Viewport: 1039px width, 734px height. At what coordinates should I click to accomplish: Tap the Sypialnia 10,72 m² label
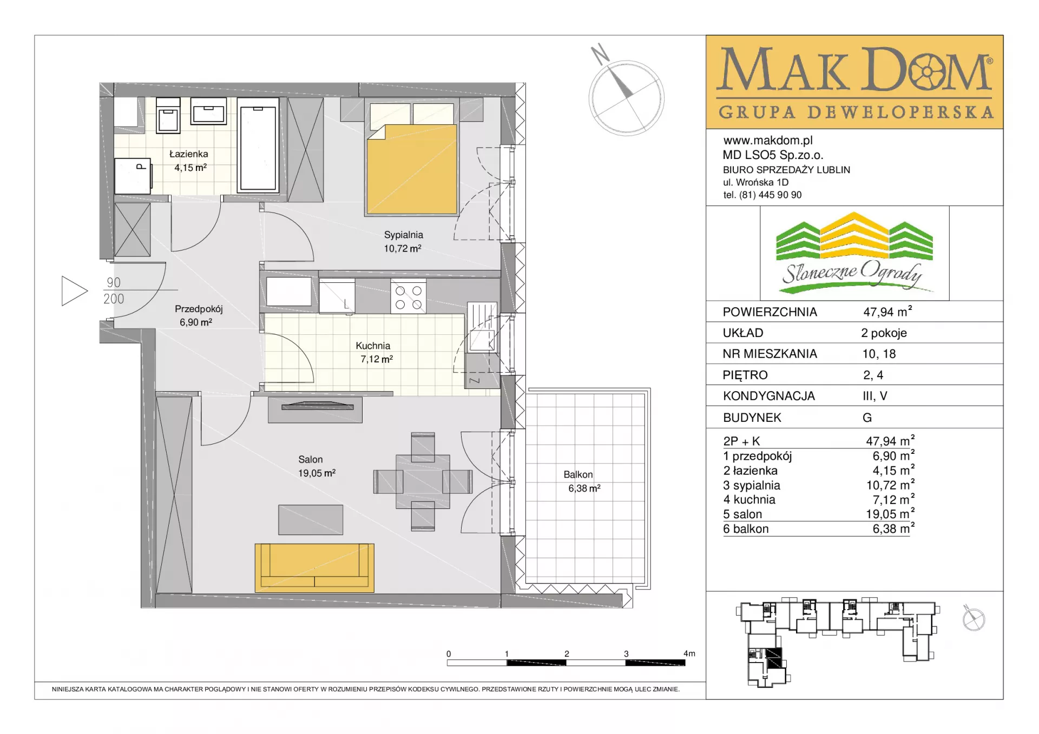pos(403,241)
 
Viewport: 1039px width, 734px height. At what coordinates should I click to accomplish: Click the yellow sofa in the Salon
pos(314,567)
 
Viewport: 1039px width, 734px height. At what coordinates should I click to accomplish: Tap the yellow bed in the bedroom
pos(412,169)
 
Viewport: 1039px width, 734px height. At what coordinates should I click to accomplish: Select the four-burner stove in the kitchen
pos(409,296)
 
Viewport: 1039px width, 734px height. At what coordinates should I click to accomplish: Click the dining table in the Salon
pos(423,481)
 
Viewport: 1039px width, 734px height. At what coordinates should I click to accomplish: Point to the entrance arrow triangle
pos(74,291)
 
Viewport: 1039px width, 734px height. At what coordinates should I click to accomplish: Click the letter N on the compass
pos(600,54)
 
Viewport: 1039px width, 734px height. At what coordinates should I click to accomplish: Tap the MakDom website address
pos(768,141)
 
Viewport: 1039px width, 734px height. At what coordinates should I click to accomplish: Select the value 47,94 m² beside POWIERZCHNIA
pos(887,312)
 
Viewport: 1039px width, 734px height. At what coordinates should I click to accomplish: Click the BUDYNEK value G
pos(867,418)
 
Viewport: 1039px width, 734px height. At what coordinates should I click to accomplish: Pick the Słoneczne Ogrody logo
pos(854,253)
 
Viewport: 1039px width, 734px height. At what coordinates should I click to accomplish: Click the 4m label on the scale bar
pos(689,653)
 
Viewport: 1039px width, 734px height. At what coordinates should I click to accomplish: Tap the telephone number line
pos(762,195)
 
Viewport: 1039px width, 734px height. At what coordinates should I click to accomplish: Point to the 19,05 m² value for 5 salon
pos(890,513)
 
